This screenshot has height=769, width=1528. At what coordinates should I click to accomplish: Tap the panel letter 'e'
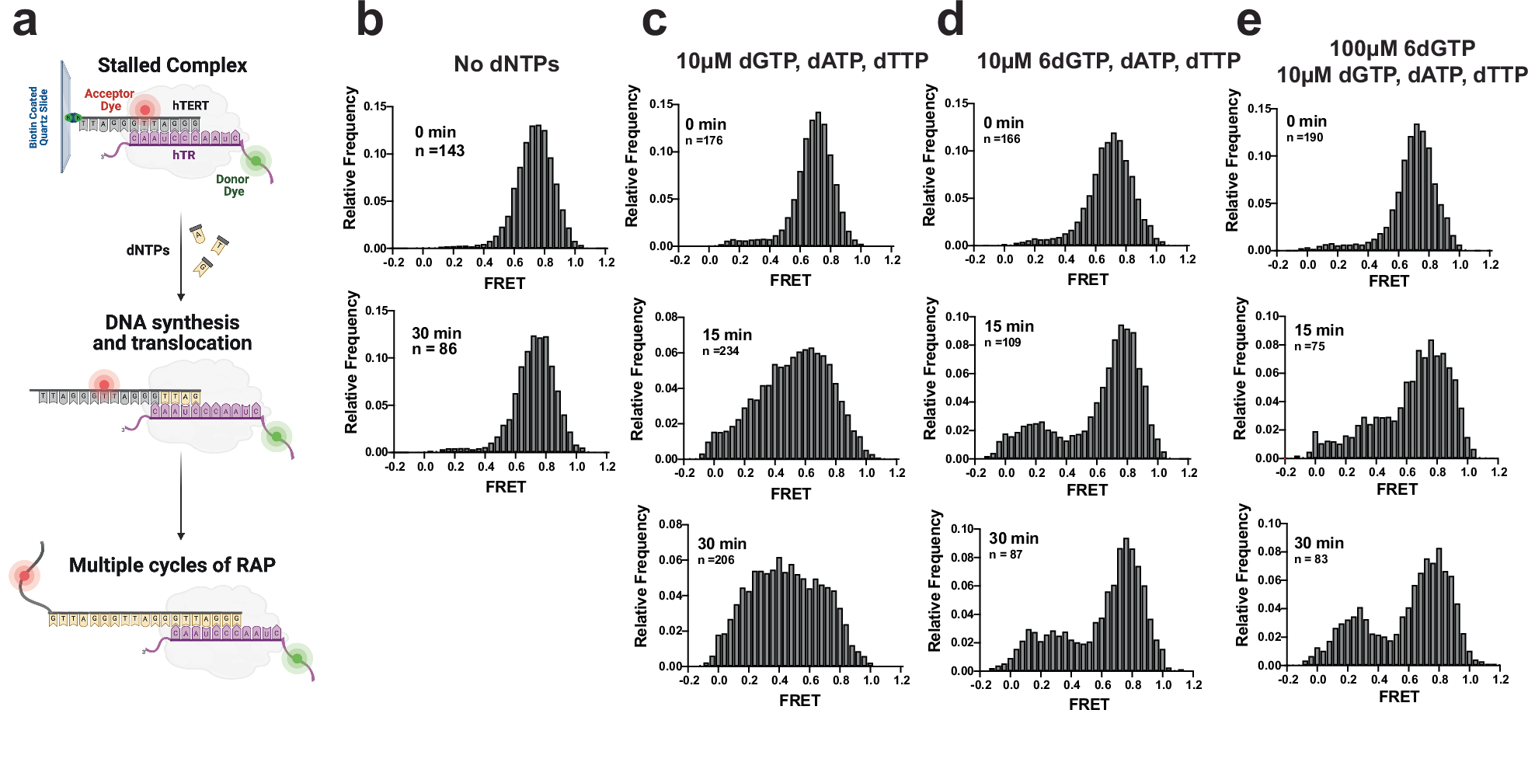1248,22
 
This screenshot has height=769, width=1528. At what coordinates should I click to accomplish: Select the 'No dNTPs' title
506,64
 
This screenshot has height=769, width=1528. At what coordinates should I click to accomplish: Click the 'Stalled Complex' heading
172,65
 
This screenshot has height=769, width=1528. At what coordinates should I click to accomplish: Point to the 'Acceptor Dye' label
109,99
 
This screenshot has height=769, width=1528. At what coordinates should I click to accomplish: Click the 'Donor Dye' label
232,185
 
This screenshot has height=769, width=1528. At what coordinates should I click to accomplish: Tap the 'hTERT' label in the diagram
190,106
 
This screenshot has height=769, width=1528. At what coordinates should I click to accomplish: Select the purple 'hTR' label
184,155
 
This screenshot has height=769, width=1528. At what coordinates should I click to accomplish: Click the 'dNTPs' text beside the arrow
148,250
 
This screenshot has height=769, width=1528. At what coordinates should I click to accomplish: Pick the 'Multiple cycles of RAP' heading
172,565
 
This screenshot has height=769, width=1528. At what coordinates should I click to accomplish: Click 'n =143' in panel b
440,151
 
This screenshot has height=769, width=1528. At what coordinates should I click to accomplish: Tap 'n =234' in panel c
720,351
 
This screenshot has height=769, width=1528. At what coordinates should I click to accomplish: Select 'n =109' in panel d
1002,343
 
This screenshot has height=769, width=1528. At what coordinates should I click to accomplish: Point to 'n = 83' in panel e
1310,559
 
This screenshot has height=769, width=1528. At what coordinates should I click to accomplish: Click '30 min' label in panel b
437,333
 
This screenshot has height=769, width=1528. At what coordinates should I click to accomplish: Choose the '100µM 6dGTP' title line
1402,48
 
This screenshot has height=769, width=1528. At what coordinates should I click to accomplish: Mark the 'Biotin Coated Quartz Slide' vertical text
38,117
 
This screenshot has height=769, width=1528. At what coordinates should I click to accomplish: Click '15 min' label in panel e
1319,330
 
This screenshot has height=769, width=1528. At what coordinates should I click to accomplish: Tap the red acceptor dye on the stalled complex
144,110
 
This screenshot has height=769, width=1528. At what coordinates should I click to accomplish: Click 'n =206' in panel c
715,560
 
